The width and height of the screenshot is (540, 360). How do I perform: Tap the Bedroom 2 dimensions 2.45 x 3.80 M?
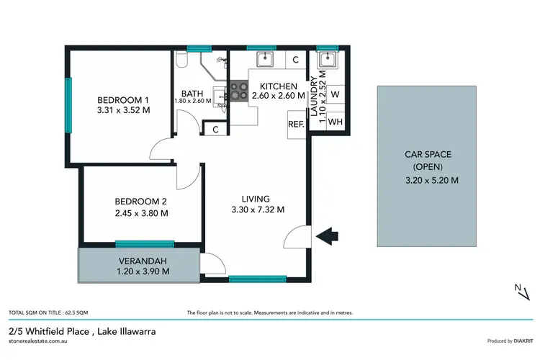coord(141,213)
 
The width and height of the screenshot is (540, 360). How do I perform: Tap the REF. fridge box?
coord(296,123)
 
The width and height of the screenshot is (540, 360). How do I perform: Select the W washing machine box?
coord(335,94)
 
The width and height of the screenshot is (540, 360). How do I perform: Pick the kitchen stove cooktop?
coord(238,91)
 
